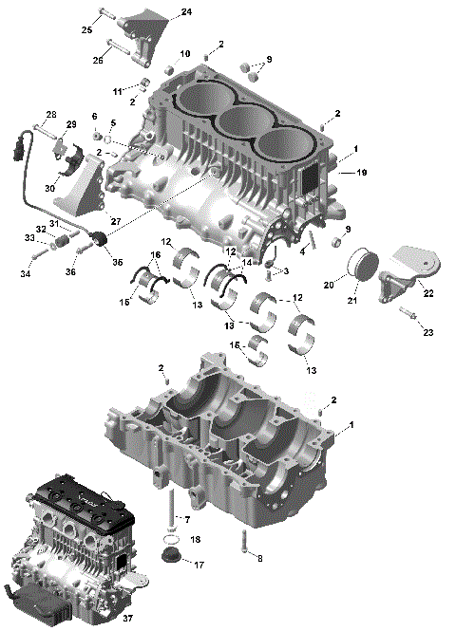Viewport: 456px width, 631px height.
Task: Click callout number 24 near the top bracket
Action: tap(186, 11)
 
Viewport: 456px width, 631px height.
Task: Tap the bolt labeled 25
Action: tap(105, 16)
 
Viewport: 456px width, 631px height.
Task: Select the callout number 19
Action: tap(360, 174)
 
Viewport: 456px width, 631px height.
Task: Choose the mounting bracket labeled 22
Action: tap(404, 267)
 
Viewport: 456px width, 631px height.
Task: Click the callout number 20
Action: tap(329, 284)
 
